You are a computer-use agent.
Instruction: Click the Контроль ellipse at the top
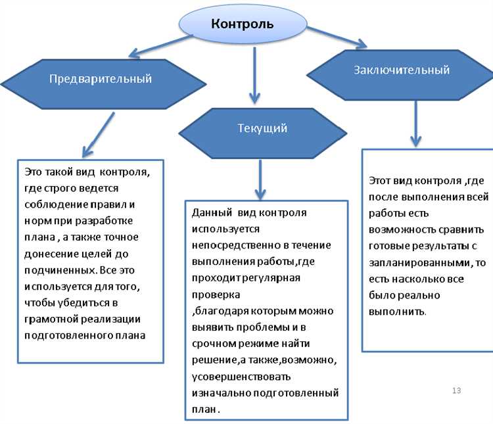tap(243, 24)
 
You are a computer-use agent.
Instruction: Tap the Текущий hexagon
tap(262, 128)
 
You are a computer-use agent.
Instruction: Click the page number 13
tap(457, 391)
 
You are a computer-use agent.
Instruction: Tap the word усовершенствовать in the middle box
tap(241, 377)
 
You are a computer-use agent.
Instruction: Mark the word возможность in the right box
tap(400, 230)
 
